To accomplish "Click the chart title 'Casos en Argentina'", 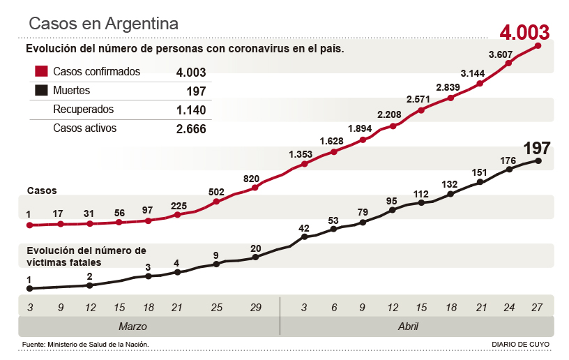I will pyautogui.click(x=103, y=23).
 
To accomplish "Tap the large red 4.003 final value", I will pyautogui.click(x=524, y=32).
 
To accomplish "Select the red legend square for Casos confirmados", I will pyautogui.click(x=41, y=72).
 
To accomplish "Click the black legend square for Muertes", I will pyautogui.click(x=41, y=91).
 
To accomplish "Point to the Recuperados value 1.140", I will pyautogui.click(x=191, y=110).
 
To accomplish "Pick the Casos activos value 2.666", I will pyautogui.click(x=191, y=129).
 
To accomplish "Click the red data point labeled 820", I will pyautogui.click(x=255, y=187).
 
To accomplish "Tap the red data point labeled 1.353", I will pyautogui.click(x=305, y=164).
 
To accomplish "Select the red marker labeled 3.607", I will pyautogui.click(x=509, y=63).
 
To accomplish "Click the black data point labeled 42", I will pyautogui.click(x=305, y=237).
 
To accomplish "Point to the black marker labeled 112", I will pyautogui.click(x=421, y=203).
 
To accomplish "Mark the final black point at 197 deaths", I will pyautogui.click(x=538, y=160).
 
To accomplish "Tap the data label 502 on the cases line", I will pyautogui.click(x=216, y=191).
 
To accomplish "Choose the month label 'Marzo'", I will pyautogui.click(x=132, y=327).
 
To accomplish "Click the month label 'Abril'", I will pyautogui.click(x=408, y=327).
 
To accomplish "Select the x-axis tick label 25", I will pyautogui.click(x=216, y=306).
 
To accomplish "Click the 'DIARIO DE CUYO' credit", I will pyautogui.click(x=520, y=345).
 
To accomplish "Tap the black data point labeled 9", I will pyautogui.click(x=216, y=264).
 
